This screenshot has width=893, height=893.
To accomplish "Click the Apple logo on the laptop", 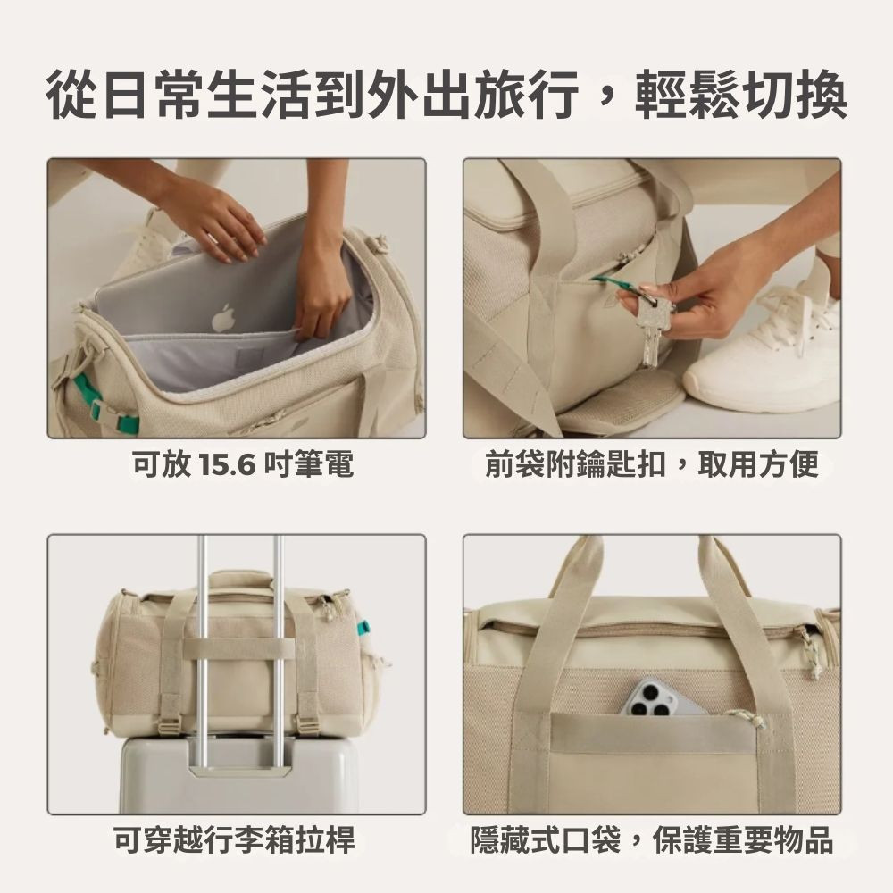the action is [x=223, y=318].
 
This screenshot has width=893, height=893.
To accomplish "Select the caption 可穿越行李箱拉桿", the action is [x=234, y=839].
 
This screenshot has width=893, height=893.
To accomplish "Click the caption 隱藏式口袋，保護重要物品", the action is [x=652, y=839].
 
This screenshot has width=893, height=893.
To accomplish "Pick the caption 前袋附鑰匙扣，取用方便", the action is [x=652, y=463].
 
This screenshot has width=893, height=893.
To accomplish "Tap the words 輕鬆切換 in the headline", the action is [x=740, y=94].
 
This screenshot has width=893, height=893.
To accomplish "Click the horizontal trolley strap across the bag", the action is [x=239, y=650].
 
